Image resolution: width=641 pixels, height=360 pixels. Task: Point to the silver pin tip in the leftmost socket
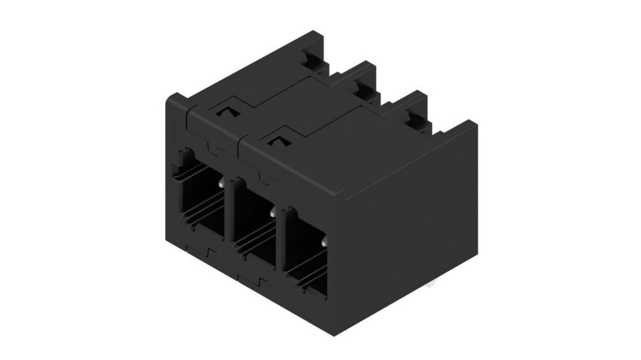point(222,184)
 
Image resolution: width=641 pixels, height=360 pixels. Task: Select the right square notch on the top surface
point(275,141)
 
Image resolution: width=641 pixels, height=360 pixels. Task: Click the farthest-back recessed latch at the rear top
point(311,59)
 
